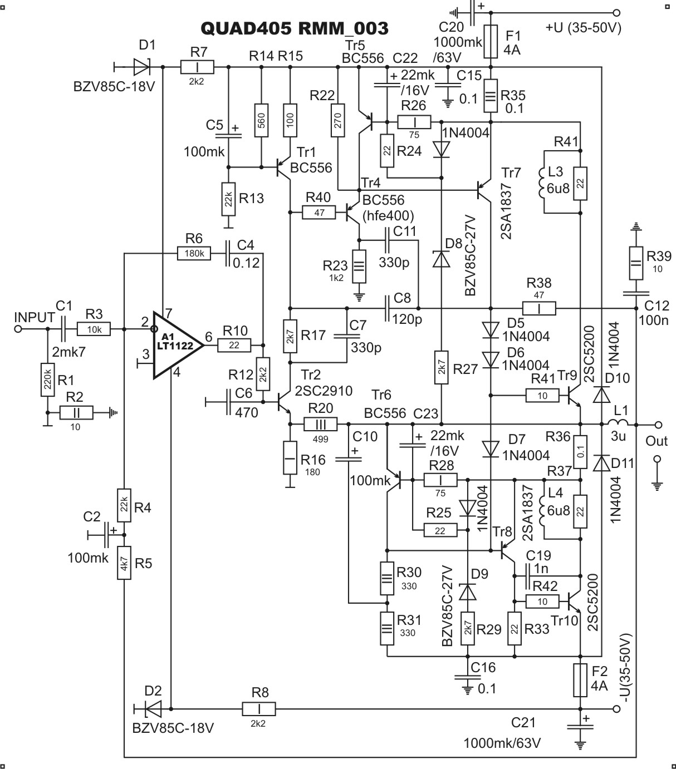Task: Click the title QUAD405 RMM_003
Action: [x=295, y=28]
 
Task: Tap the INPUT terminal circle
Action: [x=18, y=329]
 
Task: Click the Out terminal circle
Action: [x=659, y=425]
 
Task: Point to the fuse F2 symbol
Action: [x=580, y=681]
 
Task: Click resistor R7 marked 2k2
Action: [x=197, y=67]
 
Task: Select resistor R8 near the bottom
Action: [x=259, y=709]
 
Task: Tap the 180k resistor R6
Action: [x=194, y=253]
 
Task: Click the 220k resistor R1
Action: [x=47, y=380]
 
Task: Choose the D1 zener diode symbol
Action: [x=142, y=67]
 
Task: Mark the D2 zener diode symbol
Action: [x=152, y=709]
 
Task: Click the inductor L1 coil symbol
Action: [x=618, y=422]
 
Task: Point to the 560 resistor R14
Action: [x=261, y=120]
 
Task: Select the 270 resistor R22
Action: [x=338, y=120]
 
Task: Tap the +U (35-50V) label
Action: [x=584, y=28]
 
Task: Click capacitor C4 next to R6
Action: [x=228, y=253]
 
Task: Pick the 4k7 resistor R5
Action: [x=124, y=563]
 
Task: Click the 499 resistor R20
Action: [x=321, y=425]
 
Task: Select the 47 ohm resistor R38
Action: [x=539, y=308]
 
